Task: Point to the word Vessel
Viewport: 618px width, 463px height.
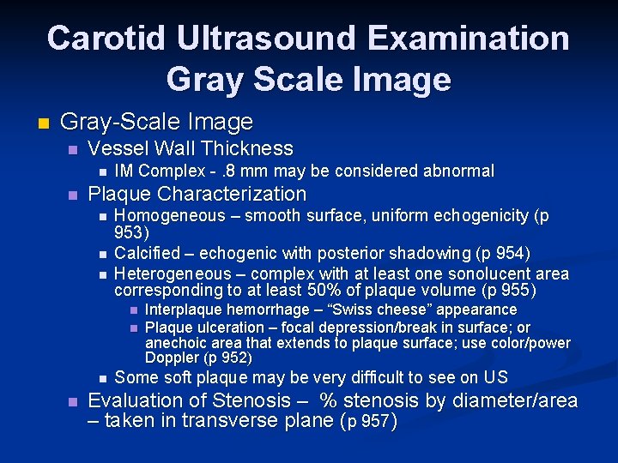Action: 118,148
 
